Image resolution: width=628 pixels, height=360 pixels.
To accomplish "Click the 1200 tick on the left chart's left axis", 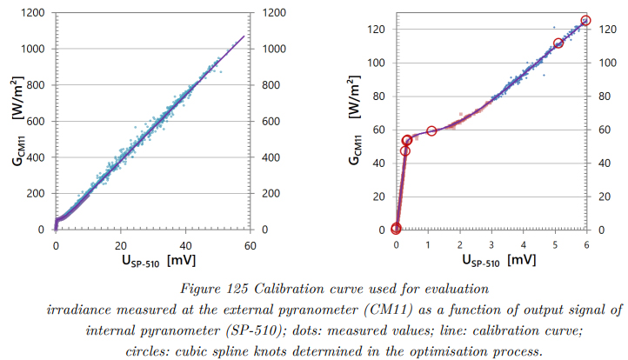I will click(32, 13).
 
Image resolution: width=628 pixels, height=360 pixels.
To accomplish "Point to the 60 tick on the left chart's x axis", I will click(251, 246).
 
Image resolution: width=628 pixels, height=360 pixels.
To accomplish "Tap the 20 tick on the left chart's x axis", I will click(121, 246).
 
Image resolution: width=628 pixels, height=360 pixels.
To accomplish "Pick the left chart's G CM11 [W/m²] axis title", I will click(17, 122).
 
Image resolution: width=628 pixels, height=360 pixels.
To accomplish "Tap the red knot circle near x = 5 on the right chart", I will click(558, 43).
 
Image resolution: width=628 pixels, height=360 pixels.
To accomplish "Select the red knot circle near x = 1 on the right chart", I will click(431, 130).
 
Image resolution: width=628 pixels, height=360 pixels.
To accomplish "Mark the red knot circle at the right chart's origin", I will click(397, 229).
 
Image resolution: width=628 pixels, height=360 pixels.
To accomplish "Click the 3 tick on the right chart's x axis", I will click(491, 246).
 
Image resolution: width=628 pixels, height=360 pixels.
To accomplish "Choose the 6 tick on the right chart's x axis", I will click(586, 246).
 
